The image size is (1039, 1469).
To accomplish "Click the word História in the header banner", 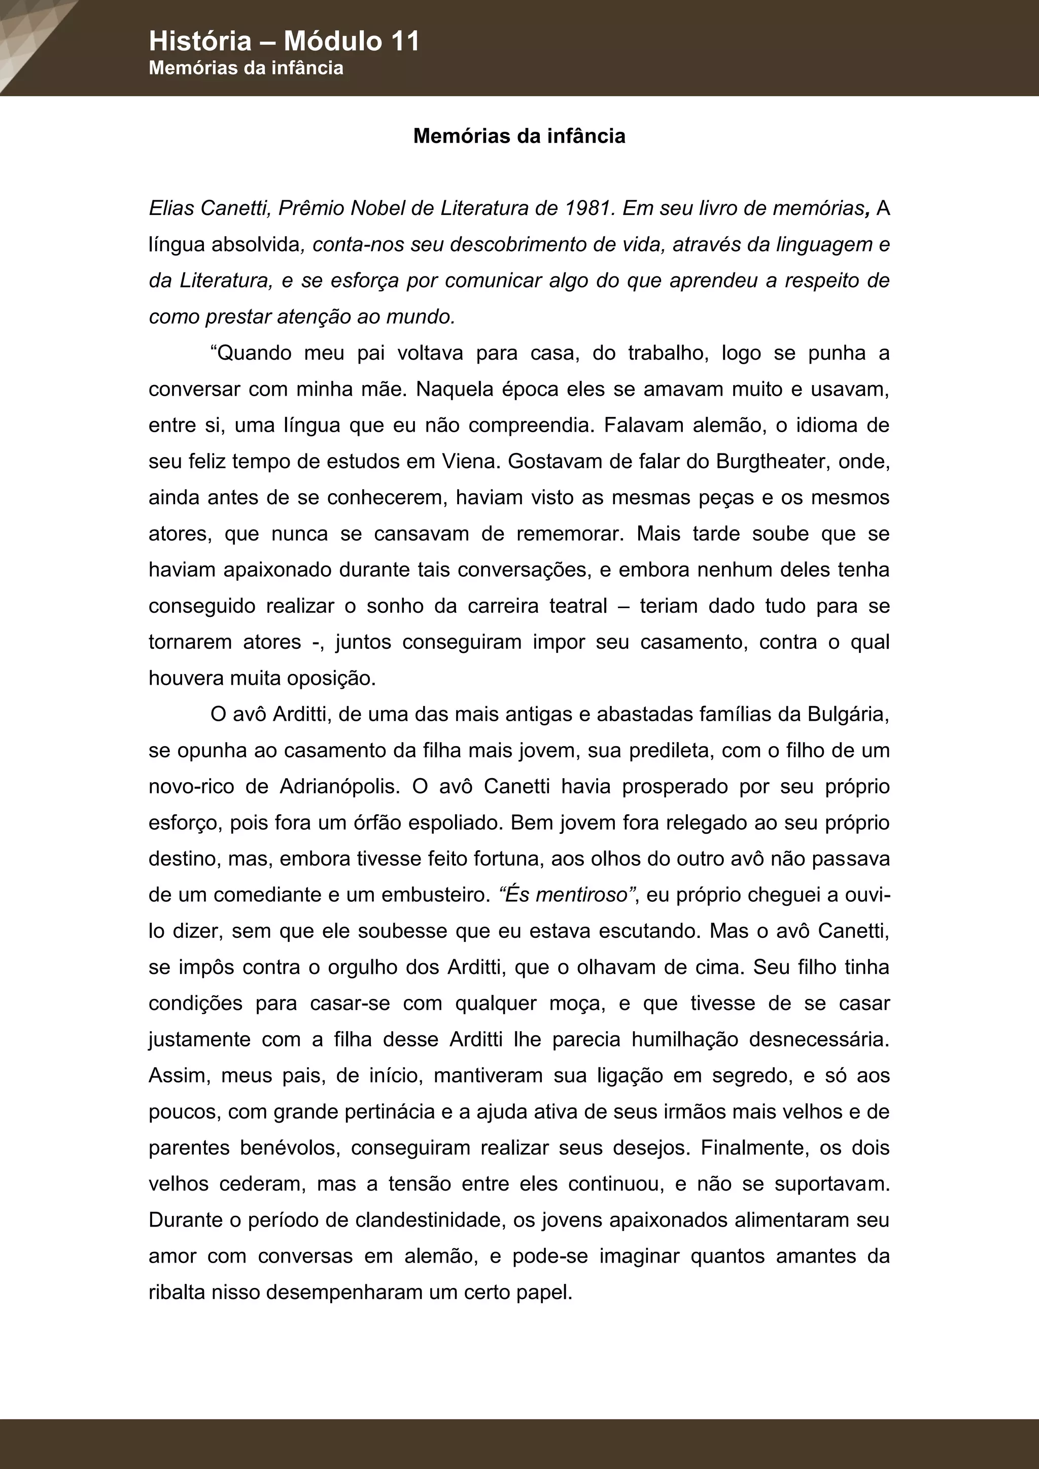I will tap(200, 42).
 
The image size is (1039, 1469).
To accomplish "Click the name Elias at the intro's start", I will tap(171, 208).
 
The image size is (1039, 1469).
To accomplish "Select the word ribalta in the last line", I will tap(177, 1292).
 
